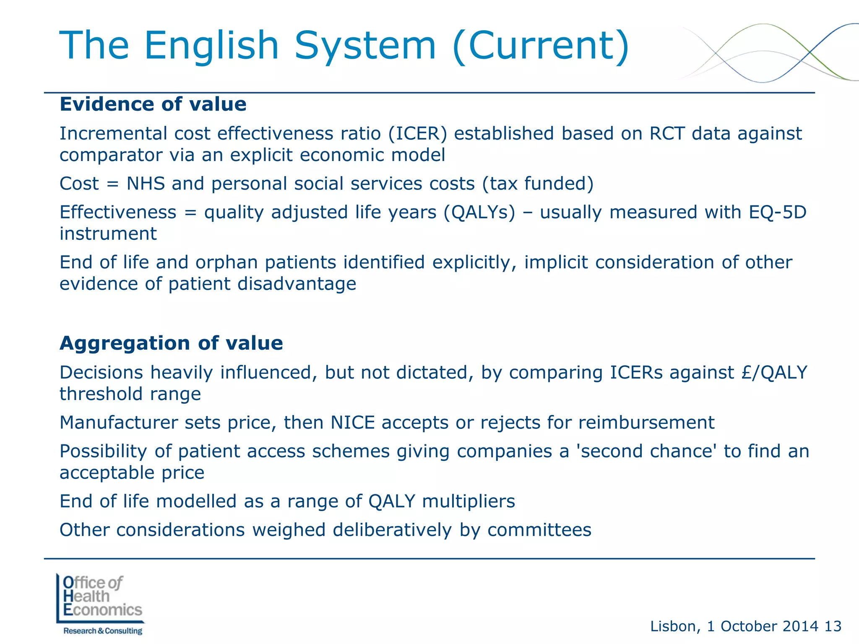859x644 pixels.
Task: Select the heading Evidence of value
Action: tap(153, 104)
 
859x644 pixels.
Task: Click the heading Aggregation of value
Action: tap(171, 343)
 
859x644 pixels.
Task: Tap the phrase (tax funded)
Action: tap(538, 184)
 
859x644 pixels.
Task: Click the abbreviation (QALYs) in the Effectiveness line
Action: tap(479, 212)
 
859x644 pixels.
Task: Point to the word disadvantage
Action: tap(297, 284)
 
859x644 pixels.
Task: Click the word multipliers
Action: tap(469, 501)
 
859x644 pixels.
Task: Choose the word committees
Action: tap(539, 530)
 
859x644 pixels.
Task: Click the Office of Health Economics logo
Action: tap(101, 604)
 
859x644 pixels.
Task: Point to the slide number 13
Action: tap(833, 626)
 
